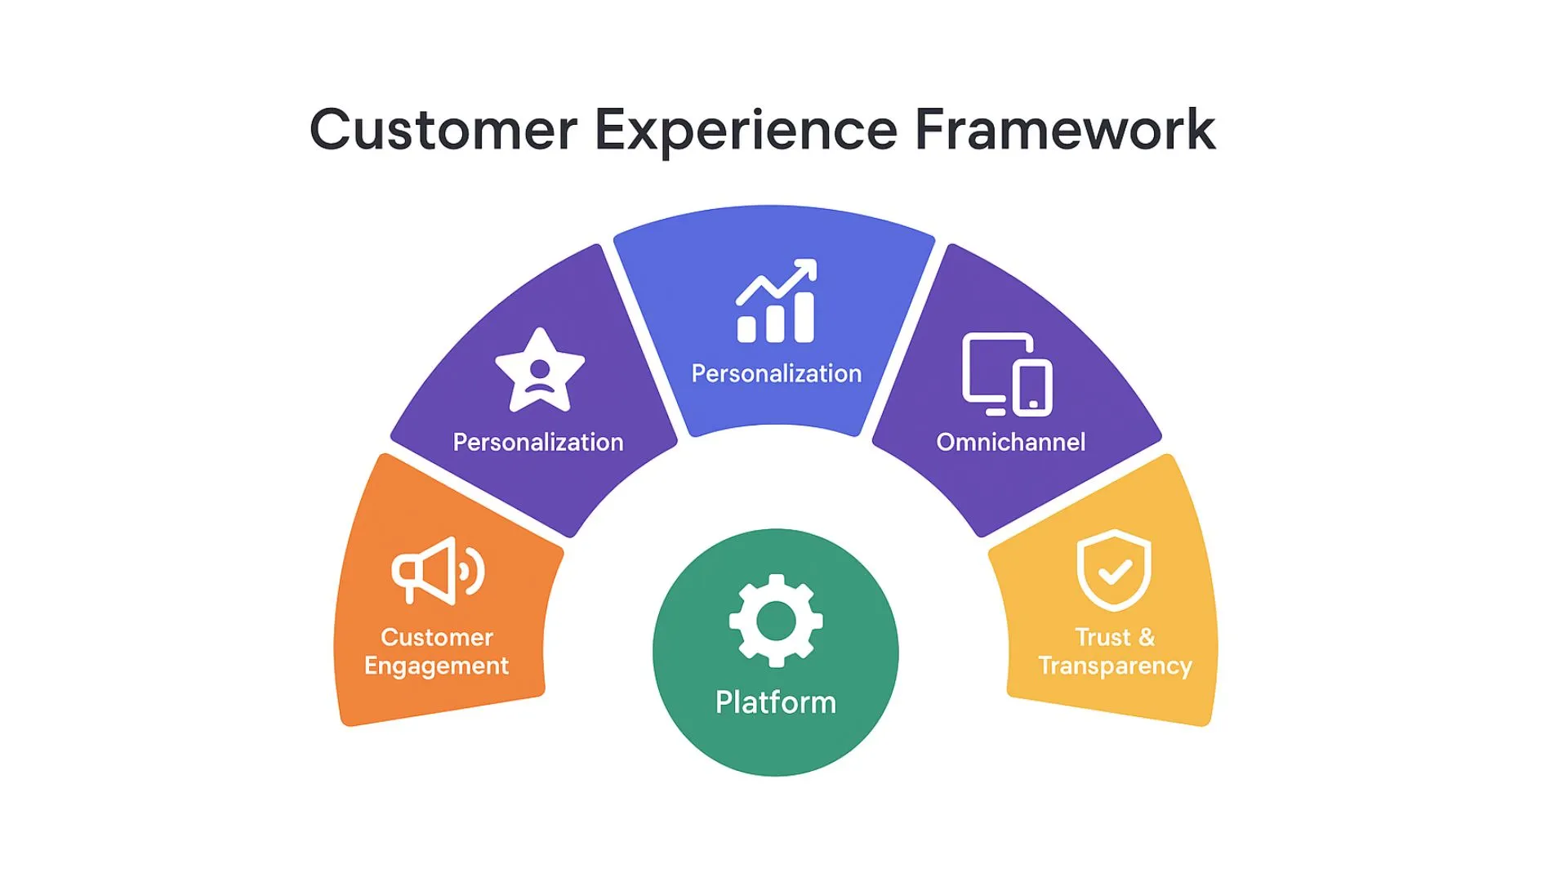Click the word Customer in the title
pos(443,131)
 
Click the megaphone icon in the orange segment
pos(437,571)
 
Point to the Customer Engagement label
pos(437,652)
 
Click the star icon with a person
pos(540,372)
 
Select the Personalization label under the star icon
pos(538,442)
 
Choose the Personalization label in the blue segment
pos(777,373)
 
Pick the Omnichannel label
pos(1011,442)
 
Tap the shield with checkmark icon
pos(1114,569)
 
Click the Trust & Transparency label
pos(1116,652)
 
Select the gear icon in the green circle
pos(776,621)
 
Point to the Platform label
pos(776,702)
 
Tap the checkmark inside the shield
pos(1115,571)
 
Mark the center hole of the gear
pos(776,621)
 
